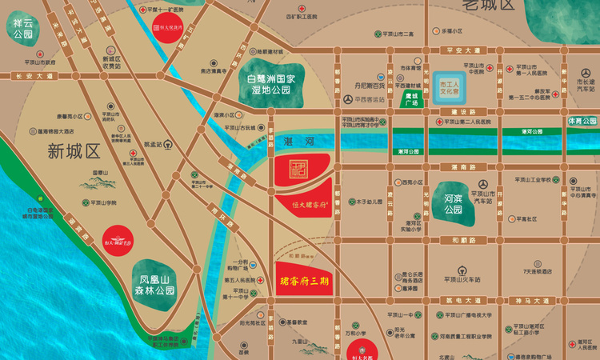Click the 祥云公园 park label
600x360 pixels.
tap(22, 30)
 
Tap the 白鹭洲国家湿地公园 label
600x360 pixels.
tap(269, 82)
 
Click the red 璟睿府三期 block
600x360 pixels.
tap(304, 280)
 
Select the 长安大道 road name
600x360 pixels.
tap(34, 76)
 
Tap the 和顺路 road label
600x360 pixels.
tap(462, 239)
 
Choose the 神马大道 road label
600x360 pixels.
tap(528, 300)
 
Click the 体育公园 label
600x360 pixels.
tap(582, 121)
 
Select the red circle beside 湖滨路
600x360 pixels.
tap(119, 237)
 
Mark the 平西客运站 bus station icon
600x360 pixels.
tap(348, 99)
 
